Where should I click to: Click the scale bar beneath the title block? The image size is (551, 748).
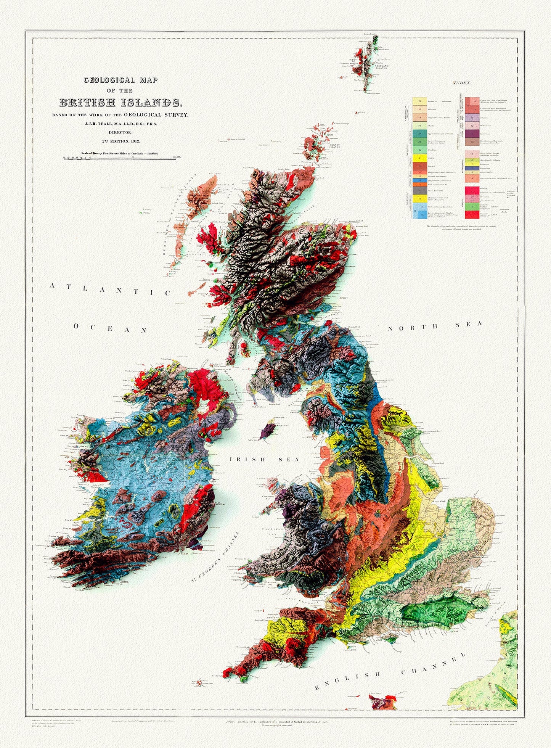pos(120,158)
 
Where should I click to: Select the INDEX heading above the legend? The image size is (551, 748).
pos(462,83)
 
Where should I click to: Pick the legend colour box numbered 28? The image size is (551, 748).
pos(419,101)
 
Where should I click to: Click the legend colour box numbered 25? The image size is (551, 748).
pos(419,125)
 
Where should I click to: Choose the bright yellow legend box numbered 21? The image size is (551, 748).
pos(419,158)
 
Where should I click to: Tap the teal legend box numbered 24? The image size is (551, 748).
pos(419,134)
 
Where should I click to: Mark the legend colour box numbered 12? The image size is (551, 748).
pos(472,125)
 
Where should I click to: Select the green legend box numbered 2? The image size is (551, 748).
pos(472,207)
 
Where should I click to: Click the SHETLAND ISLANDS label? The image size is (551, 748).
pos(381,67)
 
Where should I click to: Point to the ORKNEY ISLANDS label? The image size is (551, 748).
pos(334,146)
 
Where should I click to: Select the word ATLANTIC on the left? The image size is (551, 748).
pos(111,289)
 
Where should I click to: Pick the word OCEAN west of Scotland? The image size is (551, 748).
pos(110,328)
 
